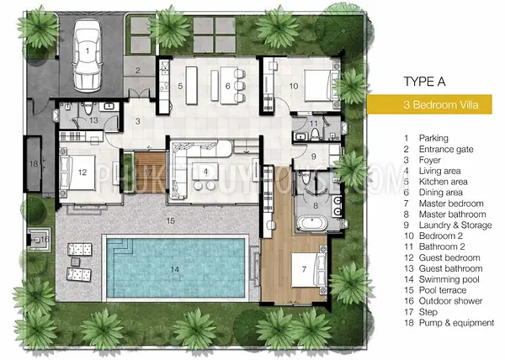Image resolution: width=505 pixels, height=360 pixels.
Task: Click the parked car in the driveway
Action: point(87,56)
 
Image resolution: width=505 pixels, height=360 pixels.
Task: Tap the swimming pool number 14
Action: point(174,269)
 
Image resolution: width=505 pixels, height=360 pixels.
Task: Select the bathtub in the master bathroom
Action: point(312,223)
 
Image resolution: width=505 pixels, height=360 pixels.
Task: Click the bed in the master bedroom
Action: point(309,270)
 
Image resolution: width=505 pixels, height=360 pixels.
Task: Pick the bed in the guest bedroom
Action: point(77,172)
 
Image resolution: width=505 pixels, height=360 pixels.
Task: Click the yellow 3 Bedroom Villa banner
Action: point(429,104)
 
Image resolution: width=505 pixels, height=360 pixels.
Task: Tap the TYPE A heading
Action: point(424,82)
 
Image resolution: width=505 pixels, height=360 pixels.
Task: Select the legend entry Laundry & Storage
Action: point(455,225)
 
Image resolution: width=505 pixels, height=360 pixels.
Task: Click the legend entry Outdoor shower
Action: point(450,301)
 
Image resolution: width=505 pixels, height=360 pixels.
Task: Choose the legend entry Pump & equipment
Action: point(456,323)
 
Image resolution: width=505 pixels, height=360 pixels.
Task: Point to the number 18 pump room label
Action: point(34,164)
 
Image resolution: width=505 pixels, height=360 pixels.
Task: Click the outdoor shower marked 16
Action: point(39,240)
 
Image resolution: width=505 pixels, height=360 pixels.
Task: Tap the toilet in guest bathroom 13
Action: point(88,109)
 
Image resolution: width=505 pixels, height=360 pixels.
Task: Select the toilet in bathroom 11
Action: point(315,134)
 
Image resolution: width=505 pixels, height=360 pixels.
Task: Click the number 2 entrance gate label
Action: point(137,70)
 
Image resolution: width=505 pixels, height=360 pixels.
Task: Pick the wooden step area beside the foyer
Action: point(150,172)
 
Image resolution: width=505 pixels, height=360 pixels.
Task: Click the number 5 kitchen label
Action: point(180,86)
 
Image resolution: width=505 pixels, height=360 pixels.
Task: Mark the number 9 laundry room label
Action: point(313,156)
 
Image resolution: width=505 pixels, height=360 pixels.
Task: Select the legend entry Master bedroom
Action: point(451,204)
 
